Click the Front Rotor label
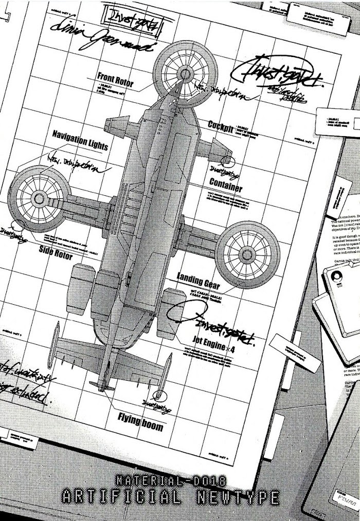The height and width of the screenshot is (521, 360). [x=115, y=80]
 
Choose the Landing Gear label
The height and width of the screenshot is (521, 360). [x=198, y=281]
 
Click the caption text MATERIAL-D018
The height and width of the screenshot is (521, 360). [x=172, y=482]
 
